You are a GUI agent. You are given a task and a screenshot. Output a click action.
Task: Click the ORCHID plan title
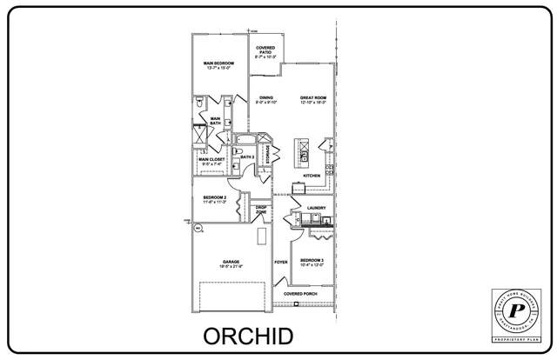click(x=248, y=336)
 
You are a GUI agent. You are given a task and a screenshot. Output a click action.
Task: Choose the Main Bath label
click(x=215, y=121)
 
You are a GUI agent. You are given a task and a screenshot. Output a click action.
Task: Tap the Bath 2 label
click(x=247, y=157)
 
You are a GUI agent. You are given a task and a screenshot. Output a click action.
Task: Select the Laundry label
click(x=316, y=208)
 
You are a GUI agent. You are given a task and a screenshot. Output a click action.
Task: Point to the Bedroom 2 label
click(x=214, y=200)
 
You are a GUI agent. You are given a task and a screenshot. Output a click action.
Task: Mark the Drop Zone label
click(x=261, y=210)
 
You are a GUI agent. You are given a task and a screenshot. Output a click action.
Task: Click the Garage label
click(x=231, y=263)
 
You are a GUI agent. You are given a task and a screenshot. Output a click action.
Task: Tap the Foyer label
click(x=281, y=262)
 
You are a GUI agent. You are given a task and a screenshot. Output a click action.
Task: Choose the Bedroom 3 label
click(x=312, y=263)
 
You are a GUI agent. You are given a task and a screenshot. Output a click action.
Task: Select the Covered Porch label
click(x=300, y=294)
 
